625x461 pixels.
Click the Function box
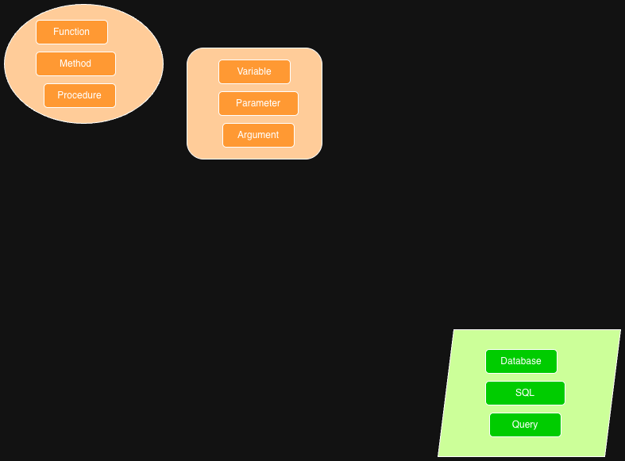click(x=71, y=32)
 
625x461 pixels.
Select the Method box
click(x=75, y=63)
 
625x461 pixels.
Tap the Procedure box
click(x=79, y=95)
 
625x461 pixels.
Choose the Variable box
click(x=254, y=71)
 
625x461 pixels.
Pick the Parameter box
click(x=258, y=103)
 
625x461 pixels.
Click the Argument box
click(x=258, y=135)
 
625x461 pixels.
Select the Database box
click(x=521, y=361)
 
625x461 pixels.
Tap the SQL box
click(x=525, y=393)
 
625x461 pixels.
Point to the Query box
click(x=525, y=425)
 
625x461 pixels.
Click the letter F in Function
click(x=56, y=32)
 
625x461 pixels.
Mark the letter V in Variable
click(x=240, y=71)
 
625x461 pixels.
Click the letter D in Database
click(x=503, y=361)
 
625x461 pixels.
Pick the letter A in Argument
click(x=241, y=135)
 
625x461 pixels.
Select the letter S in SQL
click(x=518, y=393)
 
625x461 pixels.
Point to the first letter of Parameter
click(x=238, y=103)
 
